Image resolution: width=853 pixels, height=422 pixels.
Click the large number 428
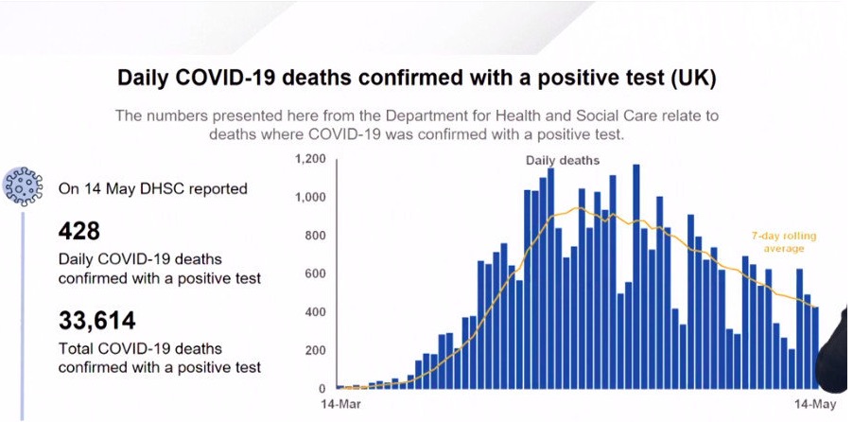click(x=79, y=230)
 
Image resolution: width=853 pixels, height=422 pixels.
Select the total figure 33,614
click(x=96, y=320)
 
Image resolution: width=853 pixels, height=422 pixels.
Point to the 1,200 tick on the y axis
click(x=310, y=159)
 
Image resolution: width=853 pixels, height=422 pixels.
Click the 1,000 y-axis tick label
click(x=310, y=197)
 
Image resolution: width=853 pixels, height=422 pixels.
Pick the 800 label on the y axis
click(x=315, y=236)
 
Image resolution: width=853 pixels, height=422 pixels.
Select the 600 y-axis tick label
click(x=315, y=273)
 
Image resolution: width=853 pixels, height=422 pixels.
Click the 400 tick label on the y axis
click(x=315, y=312)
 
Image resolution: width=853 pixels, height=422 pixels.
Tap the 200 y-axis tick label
click(x=315, y=350)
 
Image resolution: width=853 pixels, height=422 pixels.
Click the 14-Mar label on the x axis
click(x=340, y=404)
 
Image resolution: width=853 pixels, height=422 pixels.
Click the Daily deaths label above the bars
click(x=563, y=161)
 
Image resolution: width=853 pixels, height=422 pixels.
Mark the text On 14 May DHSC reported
click(x=153, y=188)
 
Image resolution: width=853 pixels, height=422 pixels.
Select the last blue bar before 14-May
click(x=815, y=347)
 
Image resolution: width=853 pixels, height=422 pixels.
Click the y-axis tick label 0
click(x=322, y=388)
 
